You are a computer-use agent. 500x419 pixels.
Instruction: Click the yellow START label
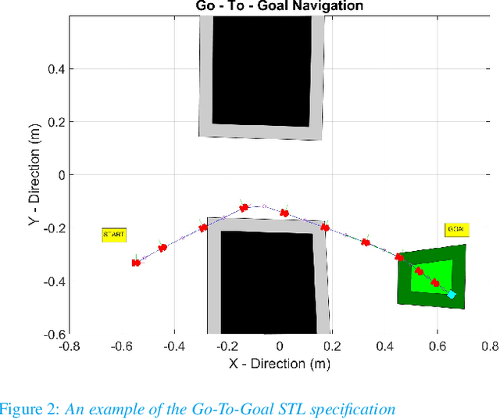(x=113, y=234)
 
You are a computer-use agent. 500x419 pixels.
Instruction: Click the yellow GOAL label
(x=456, y=230)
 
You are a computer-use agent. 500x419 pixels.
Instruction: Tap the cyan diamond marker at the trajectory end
(x=451, y=295)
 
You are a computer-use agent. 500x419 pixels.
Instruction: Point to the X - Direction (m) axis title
(x=279, y=363)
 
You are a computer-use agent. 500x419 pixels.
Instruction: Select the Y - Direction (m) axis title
(x=33, y=174)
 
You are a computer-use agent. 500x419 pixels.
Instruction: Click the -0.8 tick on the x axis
(x=70, y=346)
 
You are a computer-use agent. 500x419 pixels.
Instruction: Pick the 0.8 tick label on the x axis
(x=489, y=346)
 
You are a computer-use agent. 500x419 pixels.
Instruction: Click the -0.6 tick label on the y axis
(x=52, y=334)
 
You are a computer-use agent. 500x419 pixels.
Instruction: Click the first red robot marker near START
(x=136, y=262)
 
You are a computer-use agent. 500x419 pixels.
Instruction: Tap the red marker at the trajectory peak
(x=244, y=207)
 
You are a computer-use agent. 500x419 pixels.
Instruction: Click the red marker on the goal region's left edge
(x=399, y=256)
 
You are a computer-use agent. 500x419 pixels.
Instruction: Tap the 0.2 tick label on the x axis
(x=332, y=346)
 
